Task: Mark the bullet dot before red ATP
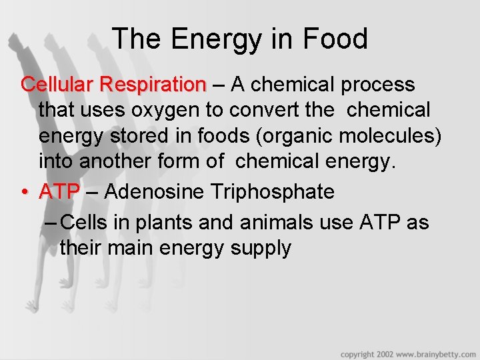(x=24, y=193)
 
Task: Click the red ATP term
(x=59, y=193)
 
